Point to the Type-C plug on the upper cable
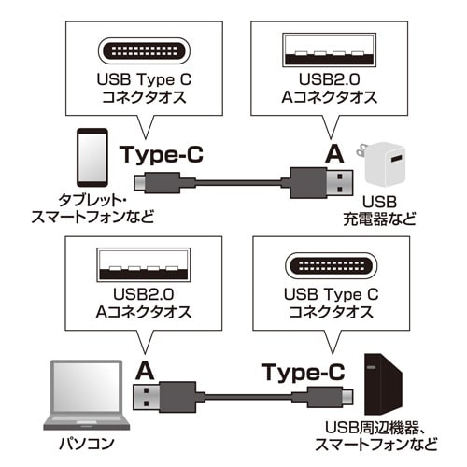(149, 180)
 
